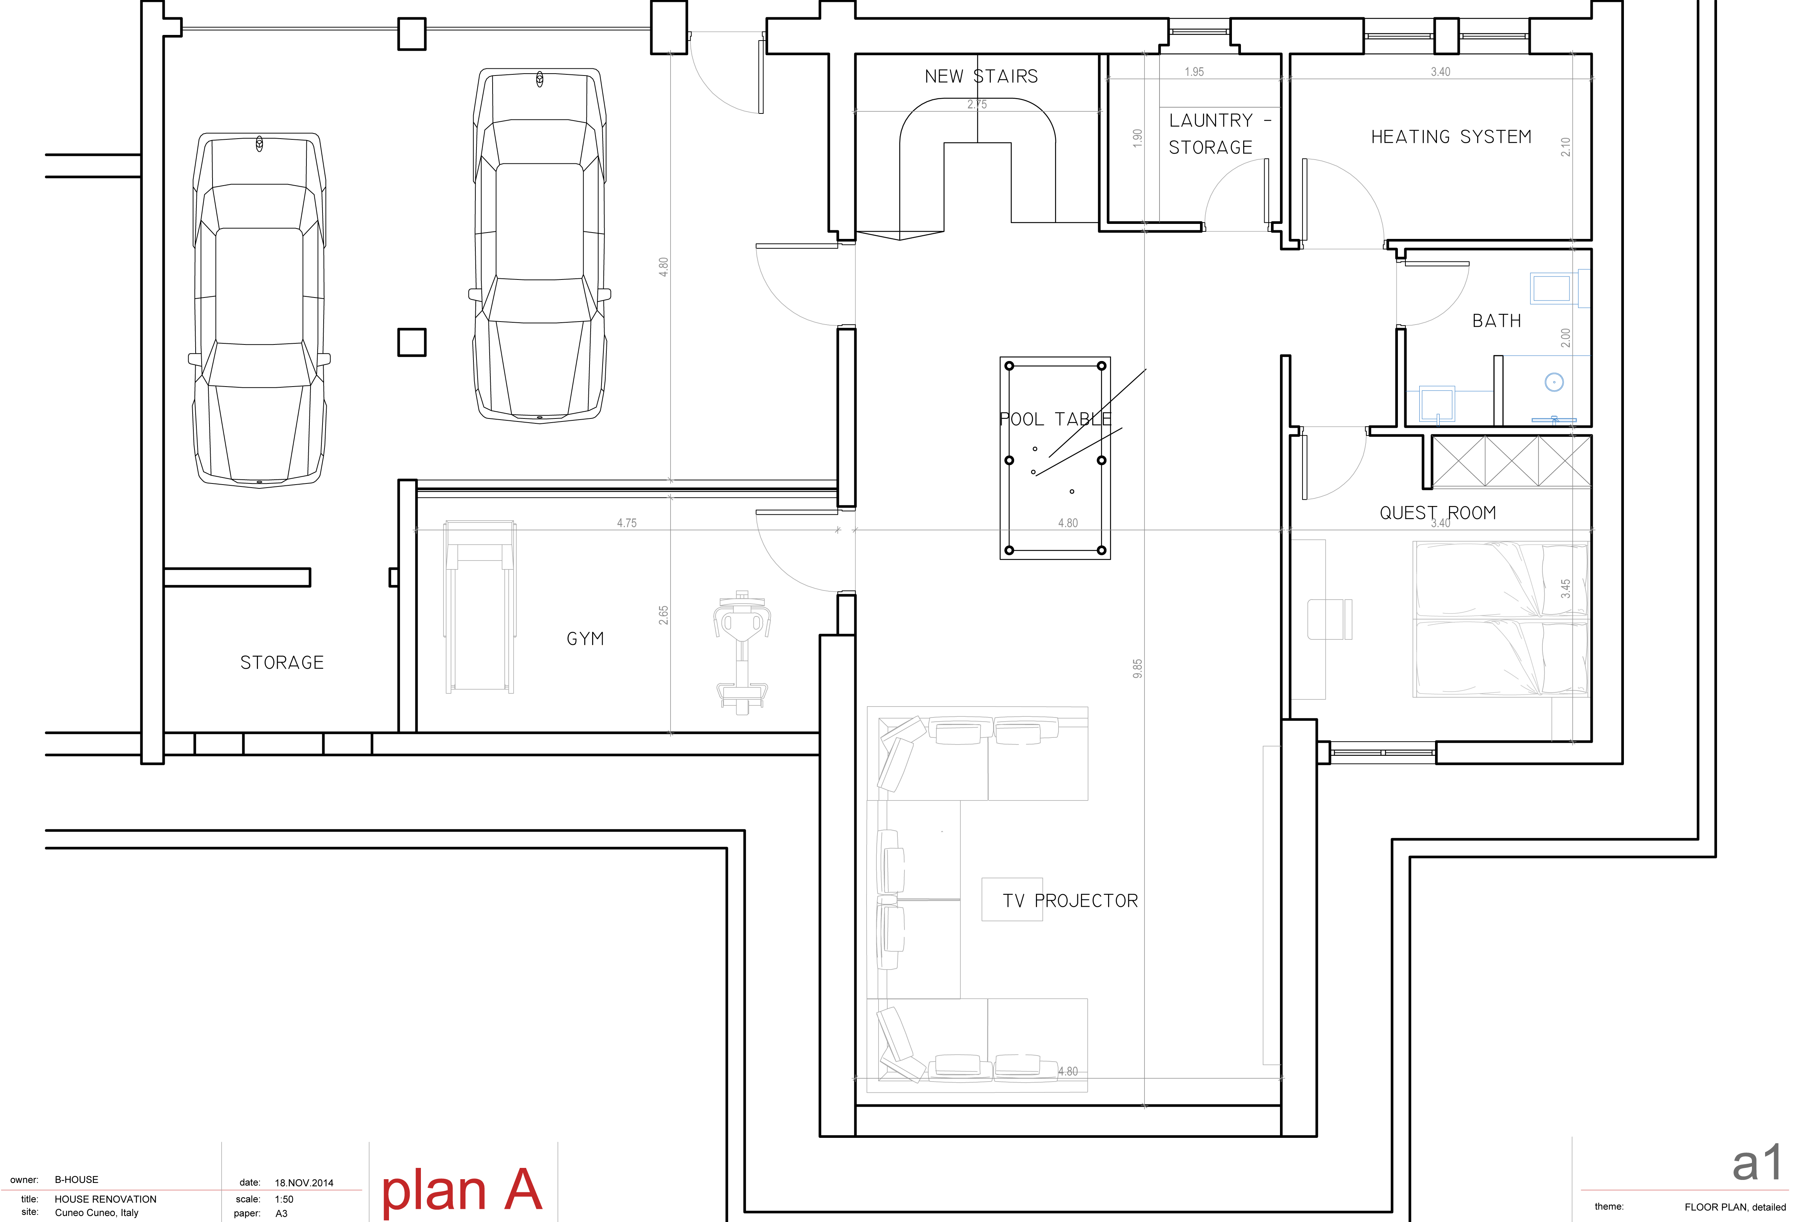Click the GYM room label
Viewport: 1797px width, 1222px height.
tap(585, 639)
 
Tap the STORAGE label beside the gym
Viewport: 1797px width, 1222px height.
tap(282, 663)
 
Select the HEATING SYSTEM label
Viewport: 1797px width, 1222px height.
tap(1451, 137)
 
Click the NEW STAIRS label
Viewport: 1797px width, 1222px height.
tap(981, 76)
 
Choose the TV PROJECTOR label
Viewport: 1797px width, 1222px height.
tap(1070, 901)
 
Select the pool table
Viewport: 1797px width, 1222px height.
tap(1055, 458)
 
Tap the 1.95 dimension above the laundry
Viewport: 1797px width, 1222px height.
tap(1195, 72)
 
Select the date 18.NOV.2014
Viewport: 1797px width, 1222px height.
tap(304, 1183)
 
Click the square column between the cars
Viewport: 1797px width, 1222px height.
tap(412, 342)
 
